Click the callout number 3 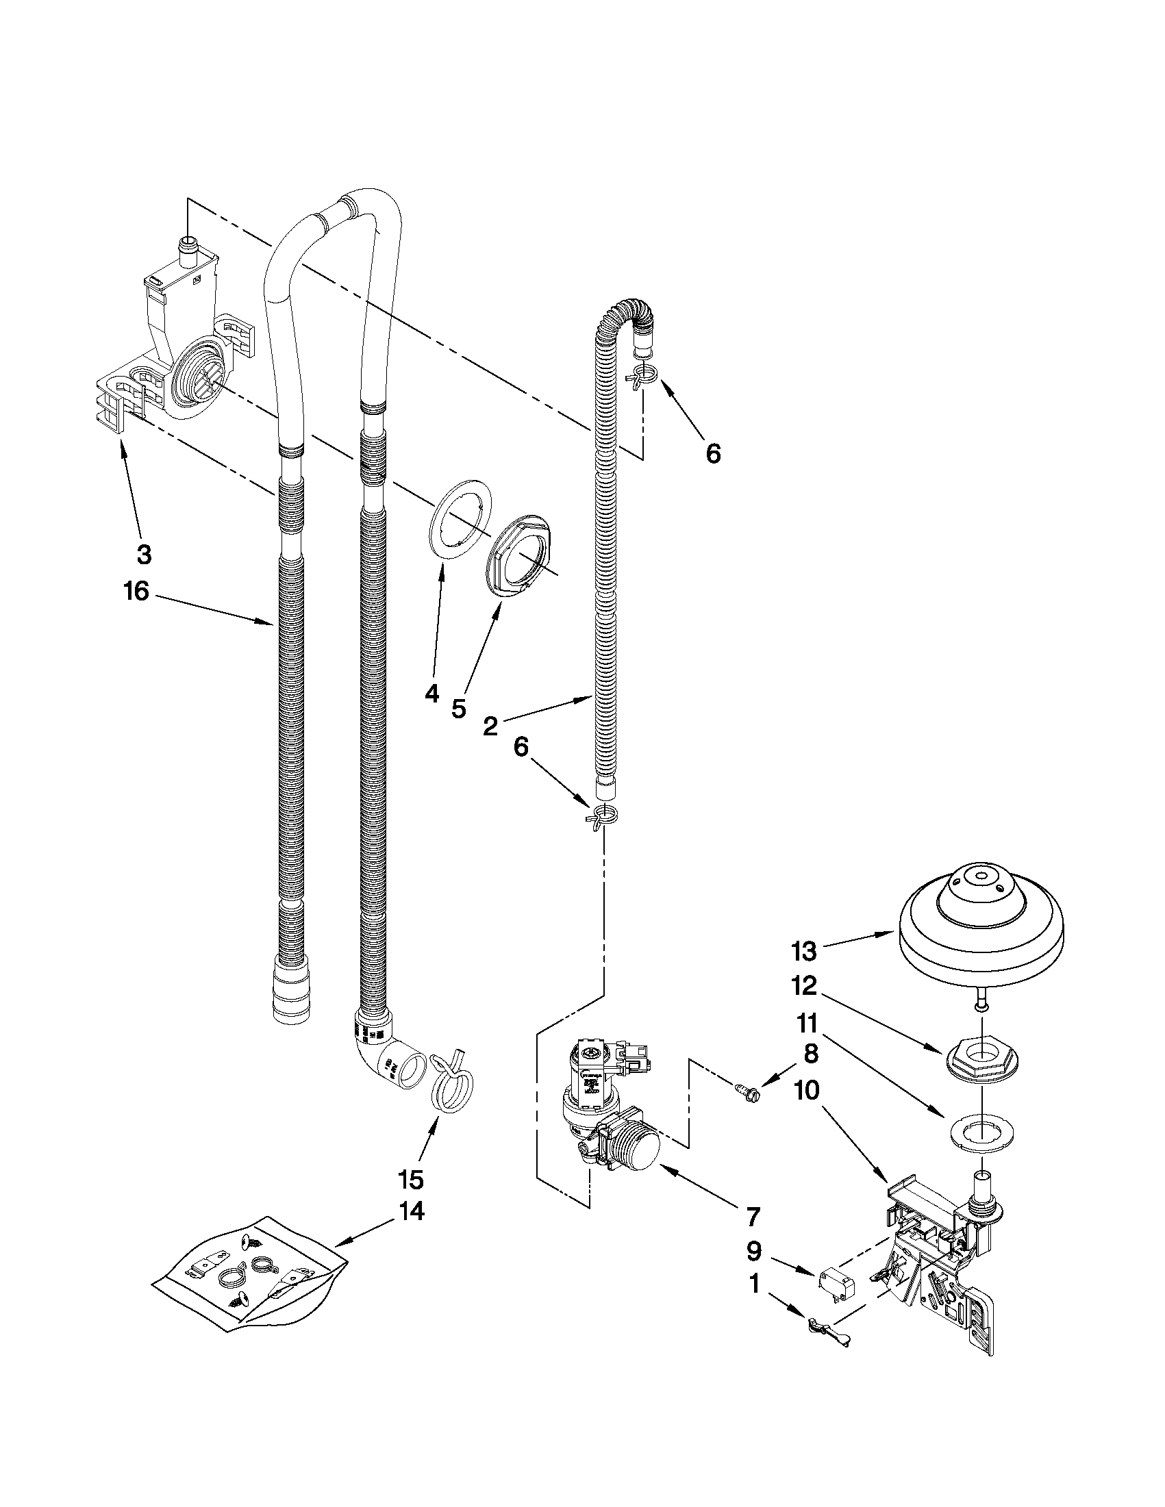pyautogui.click(x=145, y=553)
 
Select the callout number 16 pyautogui.click(x=137, y=591)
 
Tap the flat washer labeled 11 pyautogui.click(x=979, y=1132)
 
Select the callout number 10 pyautogui.click(x=803, y=1090)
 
